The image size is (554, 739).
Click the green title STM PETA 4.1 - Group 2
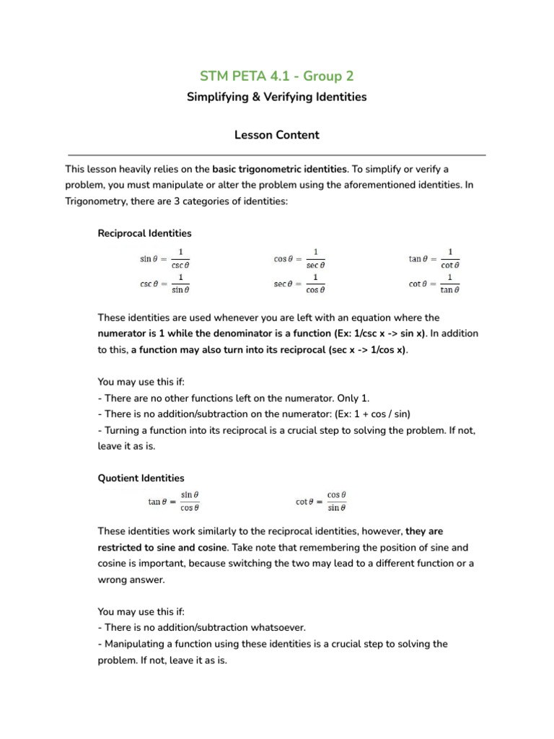click(x=276, y=76)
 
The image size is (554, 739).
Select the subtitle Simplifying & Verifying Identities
click(x=276, y=97)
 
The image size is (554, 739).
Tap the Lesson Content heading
click(x=276, y=135)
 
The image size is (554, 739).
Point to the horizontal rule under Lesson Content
click(x=276, y=155)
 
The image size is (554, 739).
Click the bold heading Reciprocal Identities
click(x=144, y=234)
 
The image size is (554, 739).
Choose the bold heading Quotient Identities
click(x=141, y=478)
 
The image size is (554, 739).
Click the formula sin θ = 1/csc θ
click(x=165, y=258)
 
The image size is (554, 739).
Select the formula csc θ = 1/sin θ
click(x=165, y=284)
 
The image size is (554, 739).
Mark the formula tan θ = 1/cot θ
click(x=434, y=258)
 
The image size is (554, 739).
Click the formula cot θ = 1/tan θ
click(x=434, y=284)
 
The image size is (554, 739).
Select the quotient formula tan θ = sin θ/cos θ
click(x=174, y=502)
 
